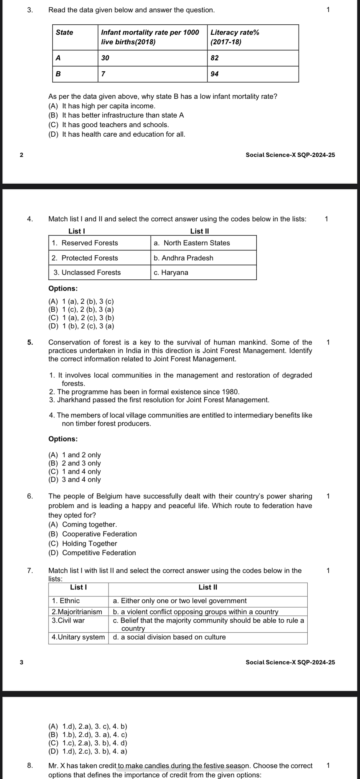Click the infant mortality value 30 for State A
pyautogui.click(x=106, y=58)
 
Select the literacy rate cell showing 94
pyautogui.click(x=215, y=74)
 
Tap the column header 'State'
pyautogui.click(x=65, y=32)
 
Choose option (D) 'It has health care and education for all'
pyautogui.click(x=117, y=134)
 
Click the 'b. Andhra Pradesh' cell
pyautogui.click(x=183, y=258)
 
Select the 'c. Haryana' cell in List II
pyautogui.click(x=171, y=272)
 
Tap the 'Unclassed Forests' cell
pyautogui.click(x=87, y=272)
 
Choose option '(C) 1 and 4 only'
pyautogui.click(x=75, y=471)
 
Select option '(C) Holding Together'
pyautogui.click(x=83, y=543)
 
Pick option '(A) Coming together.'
pyautogui.click(x=83, y=524)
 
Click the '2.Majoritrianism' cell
pyautogui.click(x=77, y=612)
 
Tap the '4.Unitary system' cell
pyautogui.click(x=78, y=637)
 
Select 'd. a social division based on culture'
pyautogui.click(x=170, y=637)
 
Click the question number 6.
pyautogui.click(x=30, y=496)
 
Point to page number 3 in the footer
pyautogui.click(x=21, y=662)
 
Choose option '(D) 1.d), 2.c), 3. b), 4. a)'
pyautogui.click(x=88, y=751)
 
